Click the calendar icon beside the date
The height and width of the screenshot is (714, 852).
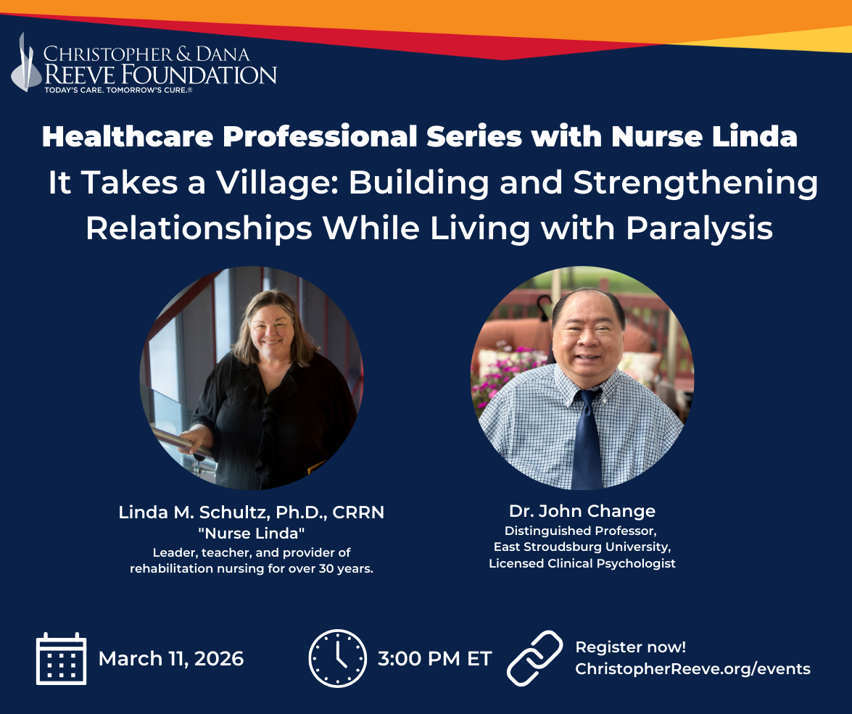tap(62, 658)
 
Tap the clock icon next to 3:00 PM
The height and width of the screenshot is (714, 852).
tap(337, 659)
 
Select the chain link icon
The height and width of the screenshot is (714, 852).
tap(534, 658)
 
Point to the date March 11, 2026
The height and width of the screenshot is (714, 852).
tap(171, 659)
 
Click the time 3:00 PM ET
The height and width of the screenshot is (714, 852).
tap(434, 659)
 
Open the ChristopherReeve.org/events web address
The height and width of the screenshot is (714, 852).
tap(692, 669)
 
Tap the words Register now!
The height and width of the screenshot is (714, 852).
tap(631, 647)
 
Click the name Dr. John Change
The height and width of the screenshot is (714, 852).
tap(582, 511)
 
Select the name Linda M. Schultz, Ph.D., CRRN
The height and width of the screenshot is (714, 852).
tap(252, 512)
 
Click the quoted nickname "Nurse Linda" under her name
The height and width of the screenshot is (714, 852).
tap(252, 533)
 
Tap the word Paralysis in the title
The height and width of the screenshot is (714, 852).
tap(699, 228)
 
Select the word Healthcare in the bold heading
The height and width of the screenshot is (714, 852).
tap(127, 136)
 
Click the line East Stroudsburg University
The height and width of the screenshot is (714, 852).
tap(582, 547)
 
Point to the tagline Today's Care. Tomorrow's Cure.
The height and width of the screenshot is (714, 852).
tap(118, 90)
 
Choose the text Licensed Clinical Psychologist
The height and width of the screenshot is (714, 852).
tap(582, 563)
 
